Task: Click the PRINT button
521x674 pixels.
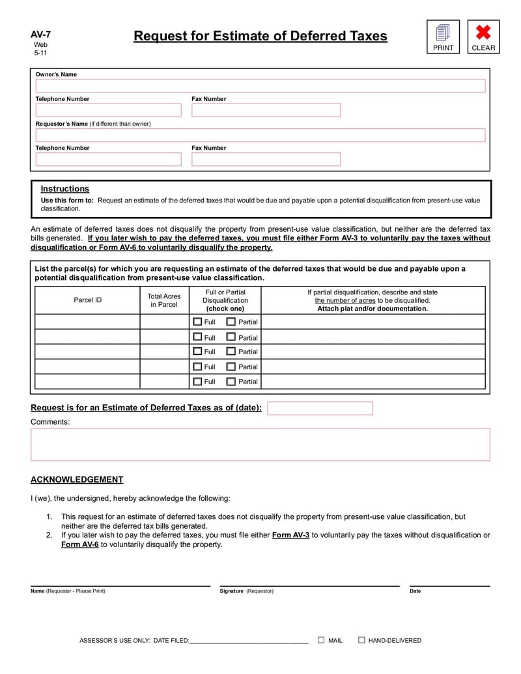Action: (x=443, y=36)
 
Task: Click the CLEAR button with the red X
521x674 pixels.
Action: (x=483, y=36)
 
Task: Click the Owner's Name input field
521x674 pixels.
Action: (x=260, y=86)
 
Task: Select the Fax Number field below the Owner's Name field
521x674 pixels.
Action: (x=266, y=110)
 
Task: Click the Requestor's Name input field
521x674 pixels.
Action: (x=260, y=135)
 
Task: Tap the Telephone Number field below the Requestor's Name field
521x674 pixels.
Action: (x=109, y=159)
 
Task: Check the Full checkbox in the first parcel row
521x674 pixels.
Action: (x=197, y=322)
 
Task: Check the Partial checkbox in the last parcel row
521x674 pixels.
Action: (x=231, y=382)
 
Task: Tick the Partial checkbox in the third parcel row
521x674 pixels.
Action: (x=231, y=352)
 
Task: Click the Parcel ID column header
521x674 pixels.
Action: (x=87, y=300)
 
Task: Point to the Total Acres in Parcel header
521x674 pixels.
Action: (x=164, y=300)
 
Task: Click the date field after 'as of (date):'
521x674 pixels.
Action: (x=320, y=408)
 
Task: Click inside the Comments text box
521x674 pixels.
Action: (x=260, y=444)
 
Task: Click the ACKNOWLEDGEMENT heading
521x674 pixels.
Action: (x=77, y=480)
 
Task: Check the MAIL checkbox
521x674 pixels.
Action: (x=321, y=640)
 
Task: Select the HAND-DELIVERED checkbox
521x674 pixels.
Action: (x=361, y=640)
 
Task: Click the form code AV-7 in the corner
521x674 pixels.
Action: (x=40, y=35)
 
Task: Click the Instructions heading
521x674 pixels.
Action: (x=65, y=189)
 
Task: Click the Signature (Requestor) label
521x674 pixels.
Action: (x=247, y=591)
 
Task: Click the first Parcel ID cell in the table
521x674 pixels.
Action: (x=87, y=322)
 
